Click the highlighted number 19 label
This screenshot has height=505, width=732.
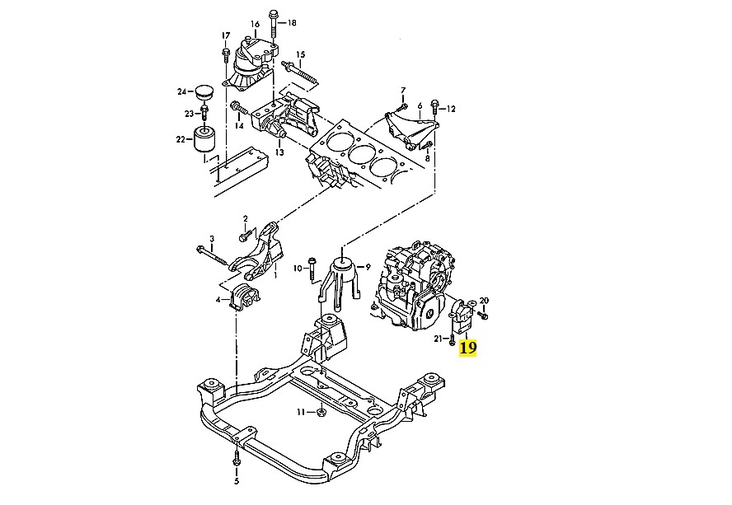click(x=467, y=348)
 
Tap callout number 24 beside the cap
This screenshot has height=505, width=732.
click(x=182, y=91)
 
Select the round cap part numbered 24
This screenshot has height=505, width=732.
click(x=203, y=89)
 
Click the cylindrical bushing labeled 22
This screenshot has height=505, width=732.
click(x=204, y=140)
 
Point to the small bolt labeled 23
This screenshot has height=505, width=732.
click(x=203, y=112)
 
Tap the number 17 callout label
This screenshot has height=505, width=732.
click(x=224, y=35)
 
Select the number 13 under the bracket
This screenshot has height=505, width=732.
click(x=279, y=152)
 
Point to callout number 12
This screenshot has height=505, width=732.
click(x=451, y=108)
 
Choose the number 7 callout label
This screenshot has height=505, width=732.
click(x=403, y=90)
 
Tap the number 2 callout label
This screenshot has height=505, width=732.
click(x=245, y=219)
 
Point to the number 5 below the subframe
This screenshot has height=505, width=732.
click(x=236, y=481)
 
